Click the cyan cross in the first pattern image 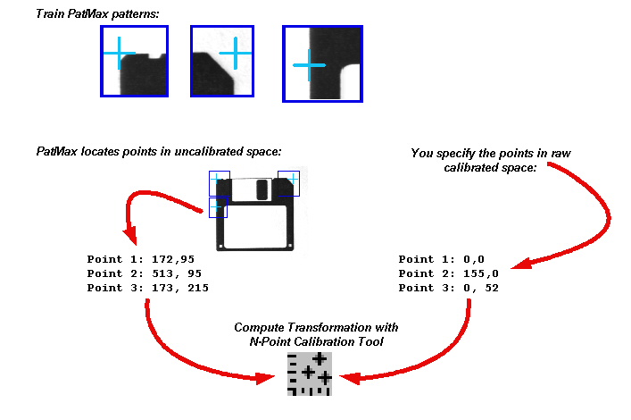pyautogui.click(x=118, y=55)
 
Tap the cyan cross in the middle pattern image pyautogui.click(x=235, y=54)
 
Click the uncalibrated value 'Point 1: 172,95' pyautogui.click(x=140, y=259)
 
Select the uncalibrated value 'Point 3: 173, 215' pyautogui.click(x=147, y=288)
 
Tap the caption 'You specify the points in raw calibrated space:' pyautogui.click(x=490, y=160)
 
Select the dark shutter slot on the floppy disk pyautogui.click(x=262, y=189)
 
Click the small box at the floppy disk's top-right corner pyautogui.click(x=289, y=182)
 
